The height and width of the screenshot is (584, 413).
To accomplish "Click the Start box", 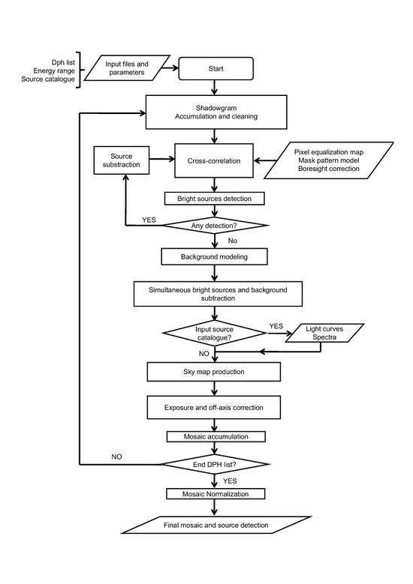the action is click(x=216, y=68).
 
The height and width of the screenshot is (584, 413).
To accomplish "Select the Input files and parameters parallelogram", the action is click(x=127, y=68).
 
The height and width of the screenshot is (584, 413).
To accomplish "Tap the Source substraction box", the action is click(x=121, y=160).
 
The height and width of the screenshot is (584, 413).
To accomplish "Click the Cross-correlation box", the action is click(x=214, y=161).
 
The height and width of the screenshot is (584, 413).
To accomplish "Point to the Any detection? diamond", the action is click(x=214, y=226).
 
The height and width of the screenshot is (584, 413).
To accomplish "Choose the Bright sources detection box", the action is click(x=215, y=199).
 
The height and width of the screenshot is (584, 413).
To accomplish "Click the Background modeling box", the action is click(x=214, y=256).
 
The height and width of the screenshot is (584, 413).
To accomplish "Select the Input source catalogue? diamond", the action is click(x=215, y=334).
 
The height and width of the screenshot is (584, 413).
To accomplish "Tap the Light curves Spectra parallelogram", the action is click(x=324, y=333).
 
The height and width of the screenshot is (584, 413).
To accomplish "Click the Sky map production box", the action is click(x=214, y=372).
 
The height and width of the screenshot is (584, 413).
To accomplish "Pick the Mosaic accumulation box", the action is click(x=216, y=436).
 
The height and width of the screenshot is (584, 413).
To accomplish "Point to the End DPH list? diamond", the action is click(x=215, y=465).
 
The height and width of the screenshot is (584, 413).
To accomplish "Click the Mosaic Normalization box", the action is click(x=216, y=494).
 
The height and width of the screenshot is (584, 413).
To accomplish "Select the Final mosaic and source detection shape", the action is click(x=216, y=526).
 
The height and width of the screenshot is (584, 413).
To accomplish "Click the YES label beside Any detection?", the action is click(x=149, y=220).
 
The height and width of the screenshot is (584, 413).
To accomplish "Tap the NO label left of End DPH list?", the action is click(x=117, y=457).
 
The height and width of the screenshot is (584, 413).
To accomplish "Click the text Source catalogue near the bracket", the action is click(x=48, y=79).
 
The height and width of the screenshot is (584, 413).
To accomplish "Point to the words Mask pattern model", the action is click(x=329, y=160).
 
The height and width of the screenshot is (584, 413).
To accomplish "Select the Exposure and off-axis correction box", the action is click(x=214, y=408).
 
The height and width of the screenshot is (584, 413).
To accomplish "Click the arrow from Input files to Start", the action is click(x=170, y=68).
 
